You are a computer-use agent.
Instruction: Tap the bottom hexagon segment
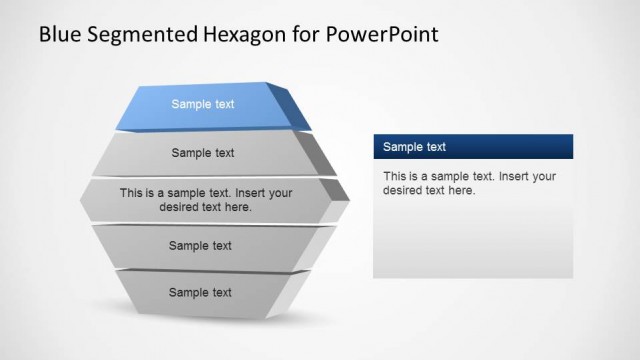(140, 292)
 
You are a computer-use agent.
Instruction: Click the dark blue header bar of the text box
(520, 147)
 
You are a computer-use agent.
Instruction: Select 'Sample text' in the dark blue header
(415, 147)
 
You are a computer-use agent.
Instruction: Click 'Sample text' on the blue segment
(203, 104)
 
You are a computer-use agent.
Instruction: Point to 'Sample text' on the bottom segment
(200, 292)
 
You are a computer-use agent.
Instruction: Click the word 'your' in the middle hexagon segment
(279, 193)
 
